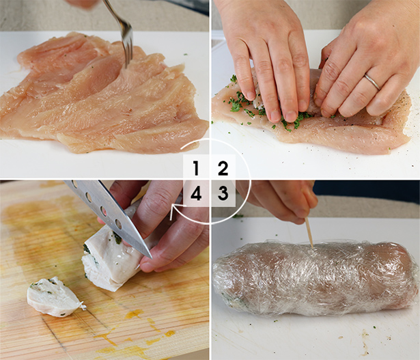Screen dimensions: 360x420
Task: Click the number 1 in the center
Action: click(x=196, y=168)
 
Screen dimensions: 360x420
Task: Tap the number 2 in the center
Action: click(x=223, y=168)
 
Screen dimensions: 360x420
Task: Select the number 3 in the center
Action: click(x=223, y=194)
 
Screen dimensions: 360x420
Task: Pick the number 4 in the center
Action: click(x=196, y=194)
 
